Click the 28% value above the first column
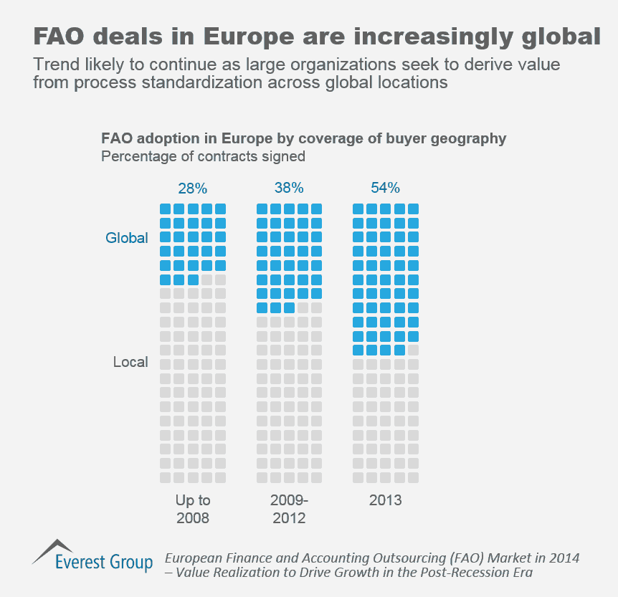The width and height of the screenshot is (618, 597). [192, 188]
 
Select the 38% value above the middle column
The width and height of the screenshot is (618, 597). [289, 188]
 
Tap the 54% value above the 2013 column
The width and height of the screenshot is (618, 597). [385, 188]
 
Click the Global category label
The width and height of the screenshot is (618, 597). [127, 238]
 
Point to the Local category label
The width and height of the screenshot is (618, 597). [130, 363]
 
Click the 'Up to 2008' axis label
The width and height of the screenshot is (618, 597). [192, 509]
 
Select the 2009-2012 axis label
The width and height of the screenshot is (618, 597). [289, 509]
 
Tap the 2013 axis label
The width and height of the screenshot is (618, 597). [385, 500]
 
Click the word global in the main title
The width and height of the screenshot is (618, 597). [553, 35]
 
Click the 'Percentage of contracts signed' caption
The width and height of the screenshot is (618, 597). [204, 156]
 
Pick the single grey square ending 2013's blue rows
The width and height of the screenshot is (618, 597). [413, 350]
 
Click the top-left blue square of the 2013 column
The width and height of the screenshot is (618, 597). [358, 209]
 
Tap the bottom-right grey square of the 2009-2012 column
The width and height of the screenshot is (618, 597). [316, 477]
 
